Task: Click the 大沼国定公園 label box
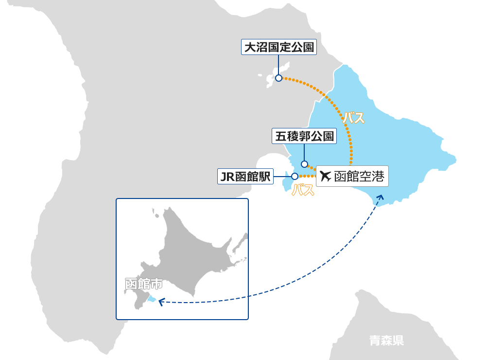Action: (x=279, y=47)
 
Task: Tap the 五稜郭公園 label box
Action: (x=304, y=137)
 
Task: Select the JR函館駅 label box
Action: (x=245, y=177)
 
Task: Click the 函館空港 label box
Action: (x=352, y=176)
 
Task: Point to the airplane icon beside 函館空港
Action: (x=326, y=176)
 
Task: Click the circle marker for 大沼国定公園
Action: (x=278, y=78)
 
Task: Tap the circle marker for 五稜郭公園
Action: (x=304, y=164)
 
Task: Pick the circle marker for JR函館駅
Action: (x=295, y=176)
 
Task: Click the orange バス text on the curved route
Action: (x=353, y=118)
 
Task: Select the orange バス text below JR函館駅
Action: (x=303, y=191)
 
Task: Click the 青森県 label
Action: (x=386, y=341)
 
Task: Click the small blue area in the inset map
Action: (x=152, y=299)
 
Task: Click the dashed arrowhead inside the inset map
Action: (x=161, y=302)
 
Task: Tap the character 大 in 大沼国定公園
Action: (x=250, y=47)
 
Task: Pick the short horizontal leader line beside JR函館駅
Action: (x=282, y=176)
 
